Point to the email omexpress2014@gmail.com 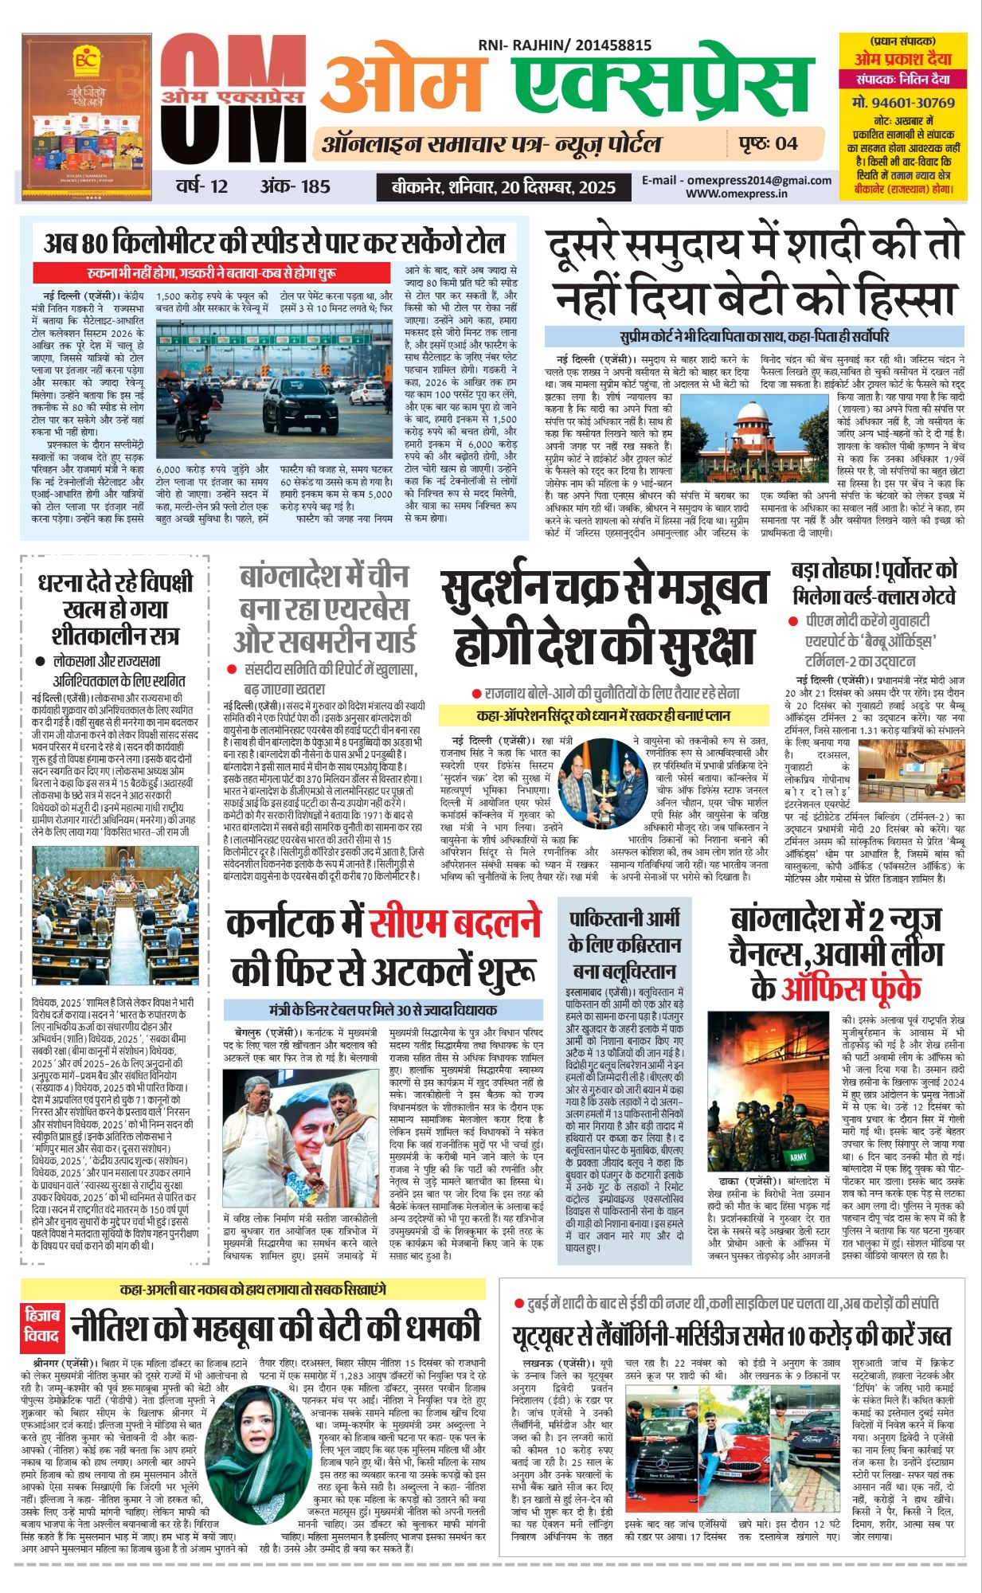click(x=737, y=180)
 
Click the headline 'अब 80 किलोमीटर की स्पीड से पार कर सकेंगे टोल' click(x=274, y=241)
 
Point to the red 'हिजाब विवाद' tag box click(x=41, y=1324)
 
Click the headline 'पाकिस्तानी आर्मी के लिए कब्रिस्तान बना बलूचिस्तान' click(x=624, y=945)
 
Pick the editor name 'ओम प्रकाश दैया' click(x=903, y=60)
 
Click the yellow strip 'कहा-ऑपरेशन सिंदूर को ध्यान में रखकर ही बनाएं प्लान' click(x=603, y=715)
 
